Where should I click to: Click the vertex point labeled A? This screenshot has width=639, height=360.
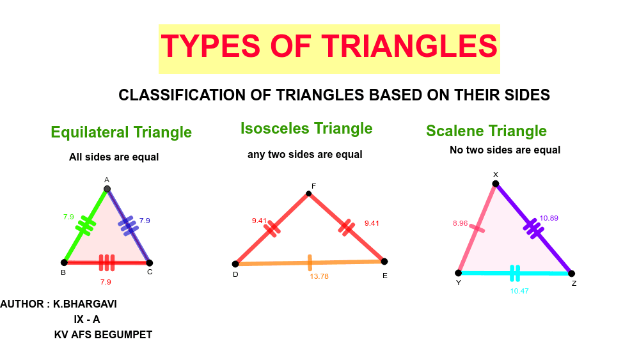pos(107,189)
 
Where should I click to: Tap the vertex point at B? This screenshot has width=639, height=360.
pos(64,262)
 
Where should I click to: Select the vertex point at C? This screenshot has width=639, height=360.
pos(149,262)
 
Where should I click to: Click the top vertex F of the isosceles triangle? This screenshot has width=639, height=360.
pos(309,194)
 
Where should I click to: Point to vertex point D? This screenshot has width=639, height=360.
pos(235,263)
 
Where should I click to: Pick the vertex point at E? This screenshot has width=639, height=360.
pos(384,261)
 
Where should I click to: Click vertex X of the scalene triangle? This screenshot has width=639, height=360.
pos(494,184)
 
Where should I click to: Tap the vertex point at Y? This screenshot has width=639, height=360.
pos(458,272)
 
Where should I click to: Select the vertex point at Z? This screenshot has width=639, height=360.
pos(571,273)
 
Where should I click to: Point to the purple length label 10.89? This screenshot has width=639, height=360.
pos(549,218)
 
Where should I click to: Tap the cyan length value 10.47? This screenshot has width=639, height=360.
pos(519,291)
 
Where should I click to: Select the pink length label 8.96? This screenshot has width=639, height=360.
pos(460,224)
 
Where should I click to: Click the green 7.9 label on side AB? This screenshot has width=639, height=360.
pos(69,217)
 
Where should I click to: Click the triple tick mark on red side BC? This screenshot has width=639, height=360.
pos(107,262)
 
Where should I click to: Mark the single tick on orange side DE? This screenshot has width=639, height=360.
pos(310,262)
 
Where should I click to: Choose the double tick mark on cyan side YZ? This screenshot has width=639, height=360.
pos(515,274)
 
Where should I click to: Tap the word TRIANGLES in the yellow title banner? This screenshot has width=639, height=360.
pos(409,46)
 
